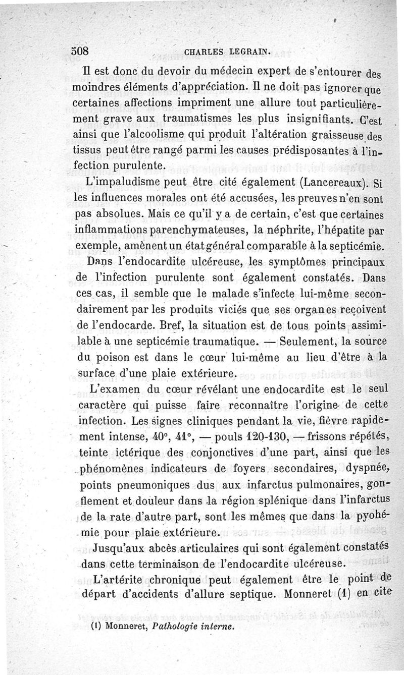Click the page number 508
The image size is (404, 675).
80,51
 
